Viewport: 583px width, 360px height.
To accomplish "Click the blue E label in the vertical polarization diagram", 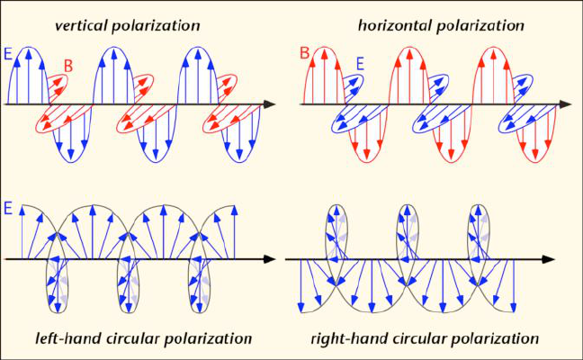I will pos(9,55).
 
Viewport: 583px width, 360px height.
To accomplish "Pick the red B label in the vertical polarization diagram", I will pos(67,65).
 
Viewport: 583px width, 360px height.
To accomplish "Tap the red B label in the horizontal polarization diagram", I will pos(305,55).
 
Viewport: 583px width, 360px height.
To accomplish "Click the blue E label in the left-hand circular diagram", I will pos(9,208).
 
